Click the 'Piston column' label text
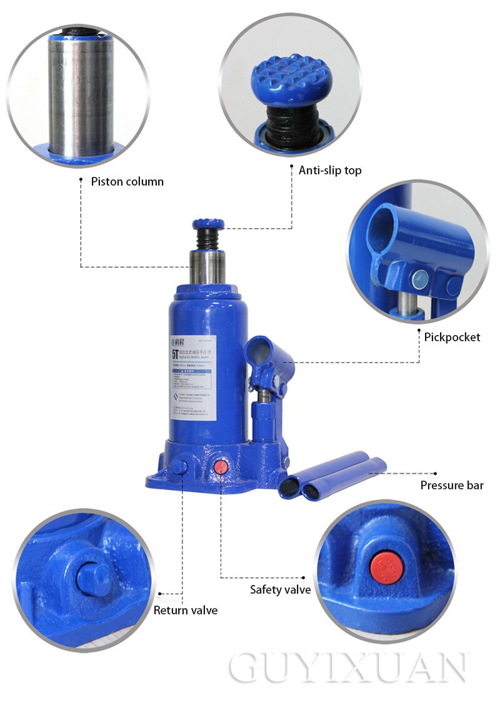pyautogui.click(x=127, y=182)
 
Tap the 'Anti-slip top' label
pyautogui.click(x=329, y=171)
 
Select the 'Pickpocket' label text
pyautogui.click(x=452, y=337)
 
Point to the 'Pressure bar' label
pyautogui.click(x=451, y=486)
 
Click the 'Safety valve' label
pyautogui.click(x=280, y=589)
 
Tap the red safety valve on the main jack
pyautogui.click(x=220, y=467)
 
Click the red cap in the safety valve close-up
pyautogui.click(x=386, y=566)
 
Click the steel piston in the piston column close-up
pyautogui.click(x=80, y=94)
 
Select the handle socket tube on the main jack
pyautogui.click(x=267, y=354)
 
